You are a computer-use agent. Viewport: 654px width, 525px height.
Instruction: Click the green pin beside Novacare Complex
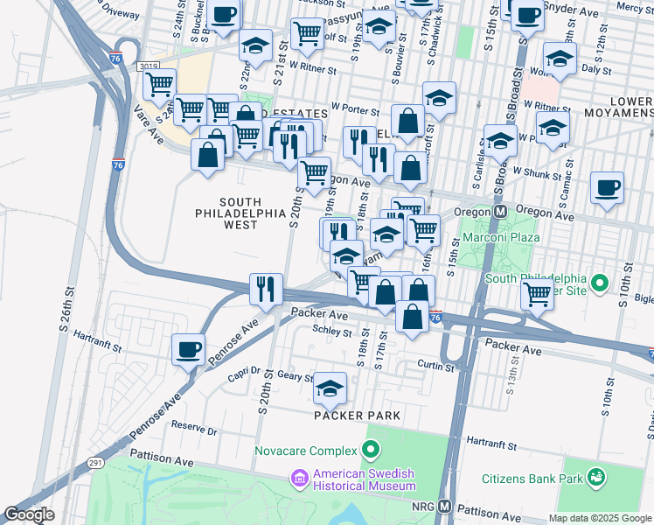click(x=371, y=451)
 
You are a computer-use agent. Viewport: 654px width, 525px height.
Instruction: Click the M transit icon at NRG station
click(x=444, y=507)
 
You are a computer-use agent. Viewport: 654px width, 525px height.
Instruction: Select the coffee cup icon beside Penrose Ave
click(x=188, y=350)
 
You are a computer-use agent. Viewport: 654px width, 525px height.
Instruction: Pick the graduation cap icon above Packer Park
click(x=330, y=388)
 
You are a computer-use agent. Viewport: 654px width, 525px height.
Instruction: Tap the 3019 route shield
click(x=148, y=66)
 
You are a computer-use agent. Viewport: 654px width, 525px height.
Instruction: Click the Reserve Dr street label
click(x=193, y=430)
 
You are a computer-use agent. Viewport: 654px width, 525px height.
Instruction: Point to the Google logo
click(x=28, y=514)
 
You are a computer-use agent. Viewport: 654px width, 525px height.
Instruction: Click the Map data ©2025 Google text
click(x=599, y=518)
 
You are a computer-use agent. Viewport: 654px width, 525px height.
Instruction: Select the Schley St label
click(x=330, y=331)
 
